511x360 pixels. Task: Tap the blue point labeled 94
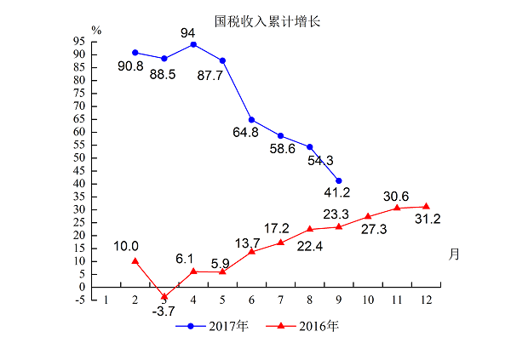point(194,44)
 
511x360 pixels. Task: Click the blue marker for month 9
point(339,180)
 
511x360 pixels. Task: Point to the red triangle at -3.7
point(164,296)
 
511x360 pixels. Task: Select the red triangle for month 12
point(426,206)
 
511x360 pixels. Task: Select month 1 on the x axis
point(106,300)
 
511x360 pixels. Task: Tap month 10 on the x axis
point(368,300)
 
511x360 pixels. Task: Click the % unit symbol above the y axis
point(97,30)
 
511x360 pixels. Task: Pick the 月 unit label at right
point(454,254)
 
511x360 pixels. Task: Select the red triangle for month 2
point(135,260)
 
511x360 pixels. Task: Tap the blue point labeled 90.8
point(135,53)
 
